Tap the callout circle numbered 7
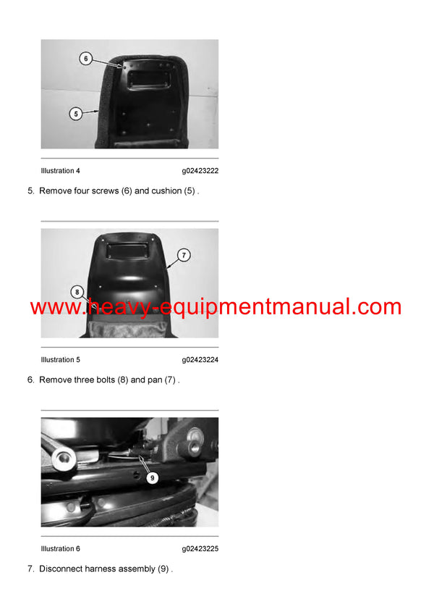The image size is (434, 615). (x=184, y=255)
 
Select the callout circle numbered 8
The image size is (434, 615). (x=77, y=292)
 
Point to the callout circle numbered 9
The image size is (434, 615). (x=152, y=478)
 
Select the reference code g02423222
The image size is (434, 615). (x=200, y=171)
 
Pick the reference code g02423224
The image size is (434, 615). (x=200, y=360)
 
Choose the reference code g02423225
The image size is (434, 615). (x=200, y=549)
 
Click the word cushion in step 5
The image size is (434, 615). (x=167, y=191)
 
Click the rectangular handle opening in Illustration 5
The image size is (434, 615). (x=129, y=251)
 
